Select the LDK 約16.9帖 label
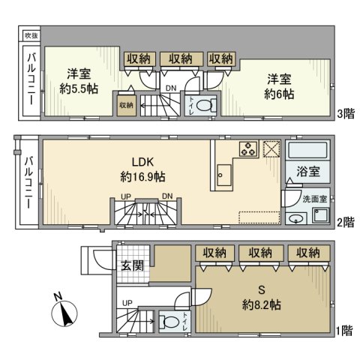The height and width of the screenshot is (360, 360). point(142,170)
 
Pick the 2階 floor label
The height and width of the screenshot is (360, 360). point(346,223)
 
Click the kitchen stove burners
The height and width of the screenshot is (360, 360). point(248,148)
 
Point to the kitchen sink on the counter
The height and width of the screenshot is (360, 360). point(223,177)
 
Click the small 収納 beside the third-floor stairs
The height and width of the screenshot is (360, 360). point(125,106)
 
